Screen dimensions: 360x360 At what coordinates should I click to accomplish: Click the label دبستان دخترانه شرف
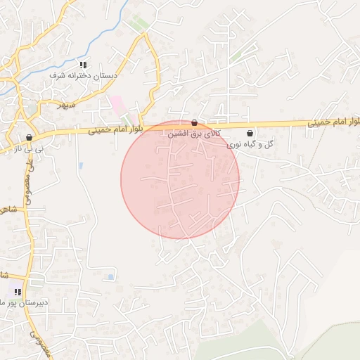pos(85,74)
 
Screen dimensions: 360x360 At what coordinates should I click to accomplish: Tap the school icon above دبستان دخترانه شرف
pos(83,65)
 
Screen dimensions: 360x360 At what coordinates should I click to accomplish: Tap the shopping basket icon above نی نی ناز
pos(29,138)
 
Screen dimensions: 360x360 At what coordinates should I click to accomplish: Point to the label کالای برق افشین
pos(198,133)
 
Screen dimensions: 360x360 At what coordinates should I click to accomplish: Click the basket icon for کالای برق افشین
pos(194,122)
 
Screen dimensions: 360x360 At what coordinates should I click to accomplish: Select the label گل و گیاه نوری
pos(250,144)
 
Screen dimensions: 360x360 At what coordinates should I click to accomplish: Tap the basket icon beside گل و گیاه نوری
pos(250,133)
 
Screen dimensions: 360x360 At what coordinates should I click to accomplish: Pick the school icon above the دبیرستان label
pos(18,292)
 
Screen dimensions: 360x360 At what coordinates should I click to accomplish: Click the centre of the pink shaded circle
pos(180,179)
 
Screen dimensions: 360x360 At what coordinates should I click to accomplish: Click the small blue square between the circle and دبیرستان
pos(111,277)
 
